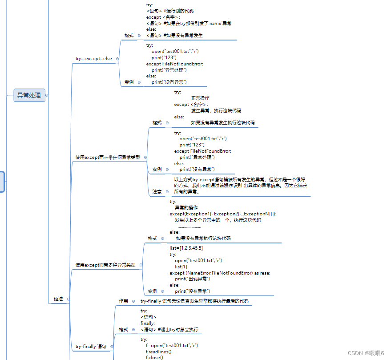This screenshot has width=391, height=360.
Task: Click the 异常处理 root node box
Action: point(29,95)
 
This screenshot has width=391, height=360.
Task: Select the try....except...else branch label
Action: point(93,59)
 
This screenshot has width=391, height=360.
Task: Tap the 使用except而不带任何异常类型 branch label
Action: point(107,157)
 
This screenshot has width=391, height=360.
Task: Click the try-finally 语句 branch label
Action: point(91,346)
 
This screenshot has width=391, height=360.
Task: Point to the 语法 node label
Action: point(58,299)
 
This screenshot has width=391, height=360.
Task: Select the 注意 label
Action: point(157,191)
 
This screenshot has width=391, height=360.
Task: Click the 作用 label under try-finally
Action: point(123,301)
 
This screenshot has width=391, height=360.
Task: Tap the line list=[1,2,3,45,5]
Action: point(186,248)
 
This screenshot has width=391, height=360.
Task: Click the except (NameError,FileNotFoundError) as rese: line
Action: point(220,273)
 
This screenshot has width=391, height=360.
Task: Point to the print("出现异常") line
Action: point(192,279)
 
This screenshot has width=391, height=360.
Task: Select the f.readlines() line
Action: point(159,351)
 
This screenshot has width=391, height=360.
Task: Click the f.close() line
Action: point(154,357)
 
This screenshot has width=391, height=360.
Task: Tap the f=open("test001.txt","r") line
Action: point(172,345)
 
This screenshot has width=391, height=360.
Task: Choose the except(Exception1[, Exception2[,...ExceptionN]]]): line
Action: point(223,214)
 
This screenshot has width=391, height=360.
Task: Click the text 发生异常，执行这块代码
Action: point(216,110)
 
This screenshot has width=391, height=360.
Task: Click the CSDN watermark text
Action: point(366,353)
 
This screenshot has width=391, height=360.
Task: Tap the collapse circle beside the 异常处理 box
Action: point(47,95)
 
